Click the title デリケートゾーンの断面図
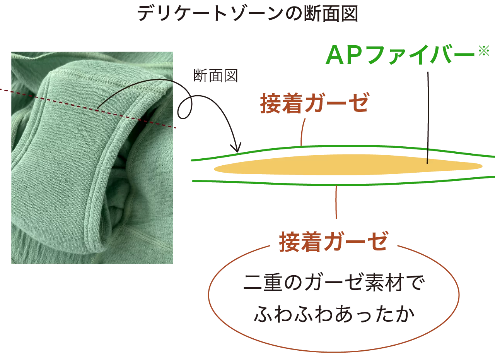point(247,14)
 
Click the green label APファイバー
point(400,55)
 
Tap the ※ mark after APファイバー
point(484,51)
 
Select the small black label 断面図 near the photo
point(215,75)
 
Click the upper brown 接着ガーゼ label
point(315,103)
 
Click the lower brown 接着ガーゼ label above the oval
point(334,242)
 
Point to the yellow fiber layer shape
point(348,165)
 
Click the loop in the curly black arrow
point(185,108)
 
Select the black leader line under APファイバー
point(428,118)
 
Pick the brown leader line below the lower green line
point(336,202)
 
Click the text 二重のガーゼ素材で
point(334,283)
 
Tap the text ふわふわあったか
point(334,314)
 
